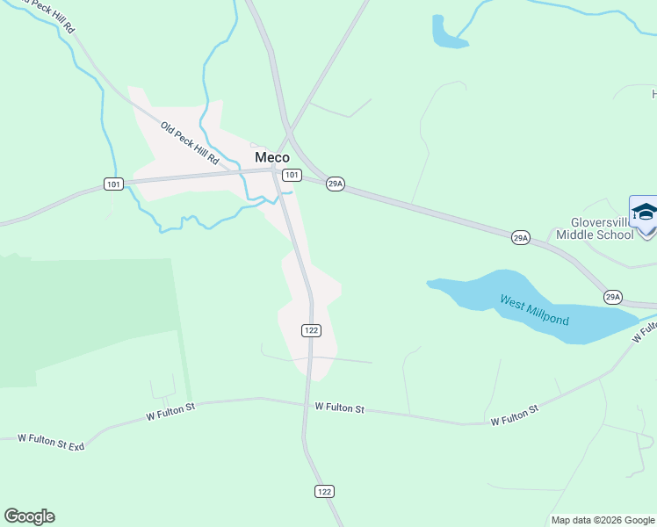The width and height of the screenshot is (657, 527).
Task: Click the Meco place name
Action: [271, 157]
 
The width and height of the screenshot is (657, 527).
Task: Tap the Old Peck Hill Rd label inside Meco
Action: [190, 143]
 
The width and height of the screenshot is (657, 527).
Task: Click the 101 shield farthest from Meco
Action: [112, 184]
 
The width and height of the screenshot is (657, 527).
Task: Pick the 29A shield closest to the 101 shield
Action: [335, 184]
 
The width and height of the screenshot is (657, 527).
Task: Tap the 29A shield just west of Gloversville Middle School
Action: [521, 237]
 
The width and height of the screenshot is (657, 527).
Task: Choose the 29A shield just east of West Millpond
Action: [612, 297]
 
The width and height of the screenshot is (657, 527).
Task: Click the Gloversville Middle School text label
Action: [602, 228]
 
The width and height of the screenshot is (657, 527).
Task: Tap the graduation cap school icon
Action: [645, 213]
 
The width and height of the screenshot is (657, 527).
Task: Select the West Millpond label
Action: [534, 309]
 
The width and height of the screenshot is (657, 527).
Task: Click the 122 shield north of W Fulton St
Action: [311, 330]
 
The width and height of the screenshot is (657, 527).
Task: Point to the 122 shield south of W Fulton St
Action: [325, 491]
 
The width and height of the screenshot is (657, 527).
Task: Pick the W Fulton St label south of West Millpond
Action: [515, 416]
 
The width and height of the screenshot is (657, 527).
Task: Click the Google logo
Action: [29, 516]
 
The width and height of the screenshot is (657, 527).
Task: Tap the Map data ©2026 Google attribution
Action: [603, 520]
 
